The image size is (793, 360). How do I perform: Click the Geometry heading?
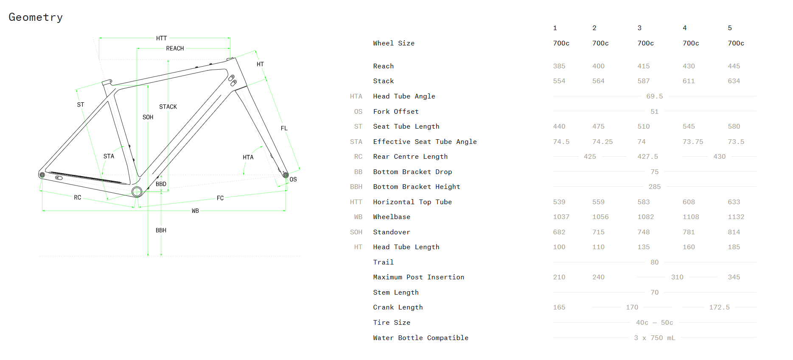pyautogui.click(x=36, y=17)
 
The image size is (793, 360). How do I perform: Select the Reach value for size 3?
pyautogui.click(x=643, y=66)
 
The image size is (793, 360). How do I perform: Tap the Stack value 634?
pyautogui.click(x=734, y=81)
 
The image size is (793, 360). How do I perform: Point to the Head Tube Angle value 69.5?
pyautogui.click(x=654, y=96)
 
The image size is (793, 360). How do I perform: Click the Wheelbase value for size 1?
pyautogui.click(x=561, y=217)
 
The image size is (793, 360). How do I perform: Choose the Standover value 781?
pyautogui.click(x=689, y=232)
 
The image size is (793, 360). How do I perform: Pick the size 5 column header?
pyautogui.click(x=730, y=28)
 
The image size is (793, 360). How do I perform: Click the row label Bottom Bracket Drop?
pyautogui.click(x=412, y=172)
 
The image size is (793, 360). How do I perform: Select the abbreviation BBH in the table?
pyautogui.click(x=356, y=187)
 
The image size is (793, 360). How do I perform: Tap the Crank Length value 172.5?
pyautogui.click(x=719, y=307)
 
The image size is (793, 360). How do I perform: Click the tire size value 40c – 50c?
pyautogui.click(x=654, y=323)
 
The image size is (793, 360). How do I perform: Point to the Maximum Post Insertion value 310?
pyautogui.click(x=677, y=277)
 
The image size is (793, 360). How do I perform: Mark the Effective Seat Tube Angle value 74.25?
pyautogui.click(x=602, y=142)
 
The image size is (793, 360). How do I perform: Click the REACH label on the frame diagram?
pyautogui.click(x=175, y=48)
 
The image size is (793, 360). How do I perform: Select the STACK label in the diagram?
pyautogui.click(x=168, y=107)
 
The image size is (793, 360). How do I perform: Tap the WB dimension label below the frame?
pyautogui.click(x=195, y=211)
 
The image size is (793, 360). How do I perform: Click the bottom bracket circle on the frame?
pyautogui.click(x=137, y=192)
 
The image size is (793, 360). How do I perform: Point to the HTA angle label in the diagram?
pyautogui.click(x=248, y=157)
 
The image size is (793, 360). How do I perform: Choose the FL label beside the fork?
pyautogui.click(x=284, y=128)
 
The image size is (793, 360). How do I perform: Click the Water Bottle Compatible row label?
pyautogui.click(x=420, y=338)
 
